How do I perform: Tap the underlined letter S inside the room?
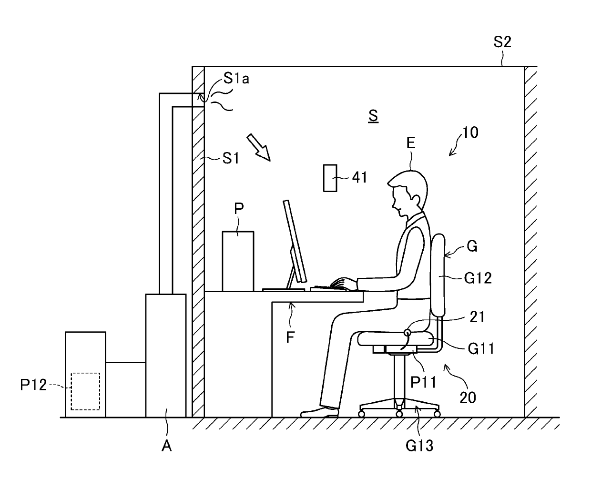point(373,115)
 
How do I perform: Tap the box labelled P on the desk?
point(238,261)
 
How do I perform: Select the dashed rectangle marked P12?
point(85,391)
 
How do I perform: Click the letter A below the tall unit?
point(167,446)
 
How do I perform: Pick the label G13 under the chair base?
point(419,446)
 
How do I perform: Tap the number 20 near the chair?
point(468,397)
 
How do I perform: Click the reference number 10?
point(470,132)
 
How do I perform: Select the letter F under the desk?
point(291,337)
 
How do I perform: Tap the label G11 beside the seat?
point(480,349)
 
